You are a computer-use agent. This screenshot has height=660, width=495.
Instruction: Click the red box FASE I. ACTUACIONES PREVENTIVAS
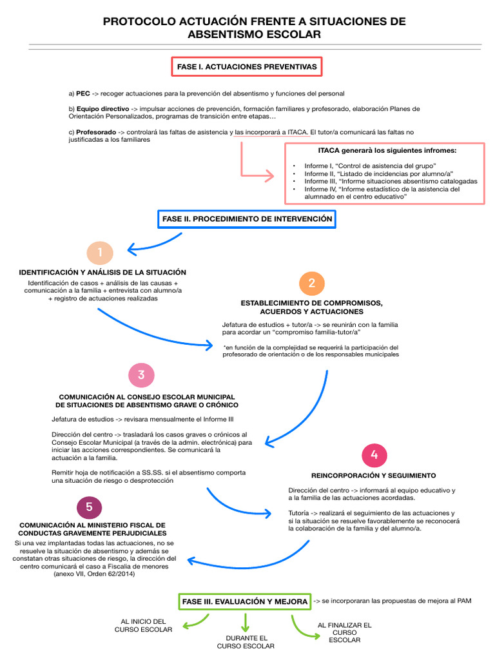coord(247,66)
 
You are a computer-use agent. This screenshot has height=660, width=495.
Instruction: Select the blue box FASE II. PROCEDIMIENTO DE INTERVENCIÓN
coord(247,219)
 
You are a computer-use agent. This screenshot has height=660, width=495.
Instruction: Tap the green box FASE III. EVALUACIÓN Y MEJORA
coord(245,601)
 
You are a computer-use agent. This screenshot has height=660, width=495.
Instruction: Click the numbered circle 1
coord(100,251)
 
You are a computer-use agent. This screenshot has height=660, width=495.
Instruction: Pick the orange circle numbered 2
coord(312,284)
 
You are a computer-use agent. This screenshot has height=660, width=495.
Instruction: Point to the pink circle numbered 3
coord(141,375)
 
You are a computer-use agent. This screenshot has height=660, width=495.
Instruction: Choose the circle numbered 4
coord(374,455)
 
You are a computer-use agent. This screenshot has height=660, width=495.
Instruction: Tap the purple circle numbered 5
coord(89,507)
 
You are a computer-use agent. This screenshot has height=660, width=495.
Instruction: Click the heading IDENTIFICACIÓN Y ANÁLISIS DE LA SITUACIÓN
coord(102,272)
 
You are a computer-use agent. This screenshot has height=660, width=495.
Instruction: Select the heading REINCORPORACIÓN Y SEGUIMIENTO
coord(373,476)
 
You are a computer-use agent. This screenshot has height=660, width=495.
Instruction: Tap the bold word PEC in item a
coord(83,93)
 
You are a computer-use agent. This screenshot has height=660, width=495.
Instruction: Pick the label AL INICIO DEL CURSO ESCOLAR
coord(143,625)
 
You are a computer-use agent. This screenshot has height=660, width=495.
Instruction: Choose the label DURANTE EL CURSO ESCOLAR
coord(246,642)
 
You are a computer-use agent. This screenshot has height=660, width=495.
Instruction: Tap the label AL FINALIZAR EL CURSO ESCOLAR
coord(344,632)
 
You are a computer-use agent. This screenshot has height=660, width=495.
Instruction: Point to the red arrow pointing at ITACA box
coord(255,174)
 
